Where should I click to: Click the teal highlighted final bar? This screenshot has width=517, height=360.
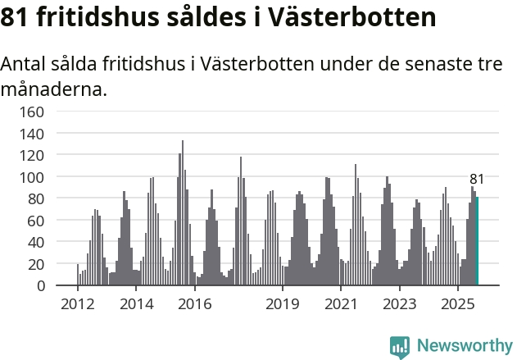pos(477,242)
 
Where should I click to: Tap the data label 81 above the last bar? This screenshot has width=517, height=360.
pos(477,180)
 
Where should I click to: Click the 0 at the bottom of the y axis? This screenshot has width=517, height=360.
pos(40,286)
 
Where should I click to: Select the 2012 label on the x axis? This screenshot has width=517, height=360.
pos(78,304)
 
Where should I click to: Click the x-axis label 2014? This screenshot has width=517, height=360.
pos(136,304)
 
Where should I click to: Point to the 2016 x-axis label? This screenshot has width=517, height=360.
pos(194,304)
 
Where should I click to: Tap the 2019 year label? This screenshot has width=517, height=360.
pos(282,304)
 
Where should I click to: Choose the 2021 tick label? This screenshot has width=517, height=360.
pos(340,304)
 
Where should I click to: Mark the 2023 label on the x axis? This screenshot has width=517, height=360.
pos(398,304)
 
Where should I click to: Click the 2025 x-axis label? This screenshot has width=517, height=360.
pos(456,304)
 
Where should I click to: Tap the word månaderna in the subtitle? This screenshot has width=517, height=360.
pos(53,89)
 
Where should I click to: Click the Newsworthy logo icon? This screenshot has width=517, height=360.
pos(400,345)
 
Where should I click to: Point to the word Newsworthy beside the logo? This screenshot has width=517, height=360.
pos(464,345)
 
